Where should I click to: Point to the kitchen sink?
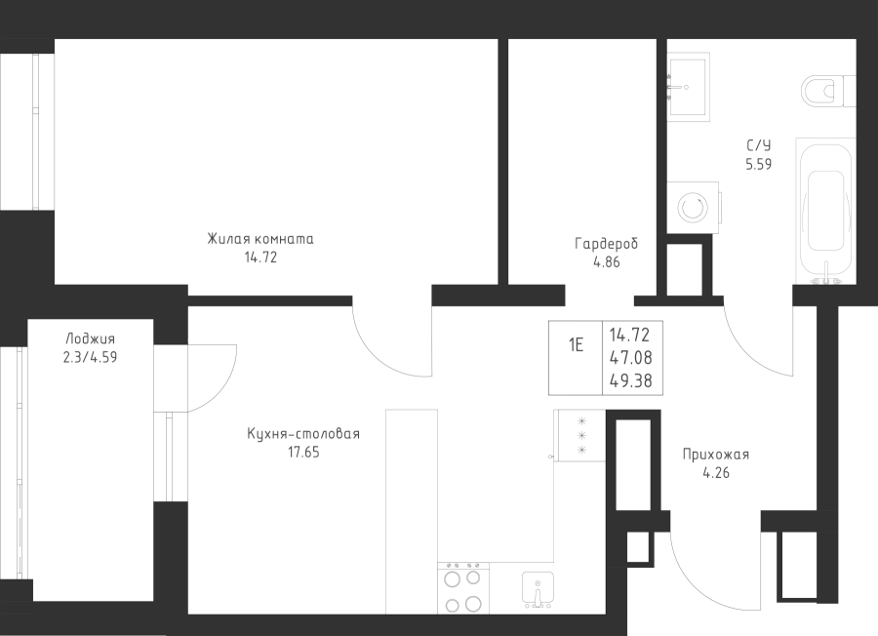536,589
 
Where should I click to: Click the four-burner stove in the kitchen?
461,588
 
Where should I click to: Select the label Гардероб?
606,244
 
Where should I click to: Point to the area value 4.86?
606,261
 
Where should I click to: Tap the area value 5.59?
758,165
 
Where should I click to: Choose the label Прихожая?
716,455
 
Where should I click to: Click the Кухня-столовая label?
303,434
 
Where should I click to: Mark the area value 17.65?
303,452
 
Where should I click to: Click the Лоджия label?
90,338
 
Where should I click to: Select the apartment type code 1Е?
577,345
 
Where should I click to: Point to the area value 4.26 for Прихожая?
716,474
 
